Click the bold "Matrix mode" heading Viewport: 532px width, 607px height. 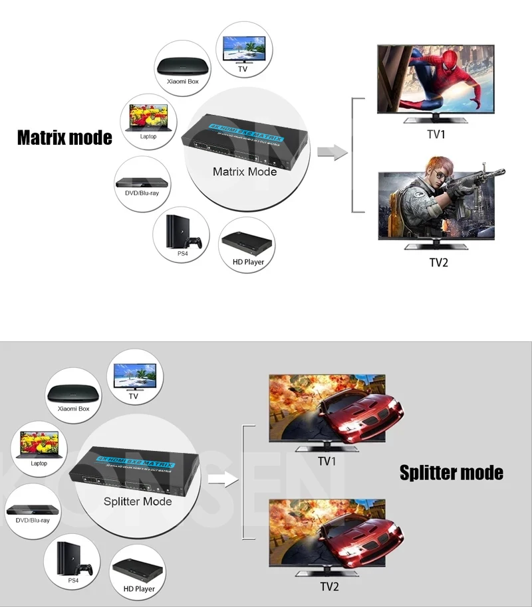pos(65,137)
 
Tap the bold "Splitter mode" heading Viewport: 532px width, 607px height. pos(451,472)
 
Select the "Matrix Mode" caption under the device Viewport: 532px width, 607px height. pos(244,171)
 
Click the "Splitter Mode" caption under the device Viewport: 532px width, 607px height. pos(138,501)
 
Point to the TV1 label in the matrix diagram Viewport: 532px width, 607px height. pos(436,135)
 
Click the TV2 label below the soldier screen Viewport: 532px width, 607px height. pos(438,262)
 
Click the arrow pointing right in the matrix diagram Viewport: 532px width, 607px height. pos(332,154)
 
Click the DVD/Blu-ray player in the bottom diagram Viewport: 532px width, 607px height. pos(28,510)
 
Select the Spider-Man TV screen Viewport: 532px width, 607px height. pos(436,80)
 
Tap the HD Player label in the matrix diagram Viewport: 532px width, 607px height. pos(248,262)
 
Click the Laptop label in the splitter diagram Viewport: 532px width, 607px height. pos(39,463)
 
